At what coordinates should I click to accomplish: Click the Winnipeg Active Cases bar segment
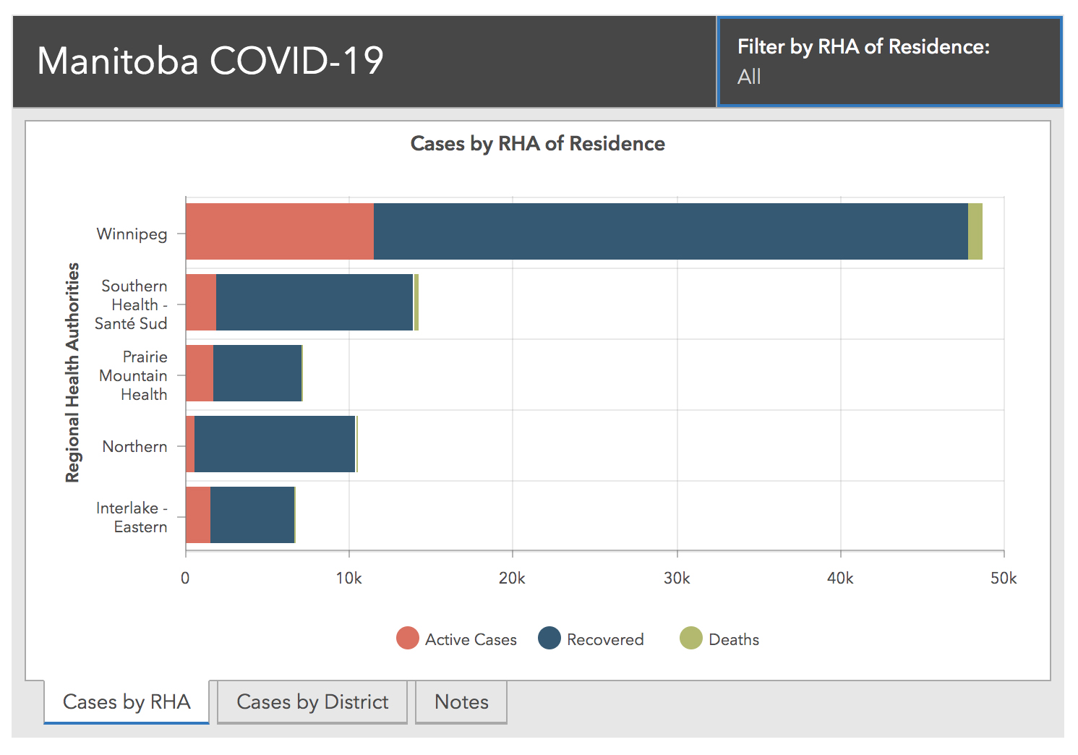tap(279, 231)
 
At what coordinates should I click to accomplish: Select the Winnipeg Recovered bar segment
tap(670, 231)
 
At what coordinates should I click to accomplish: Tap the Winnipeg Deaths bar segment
tap(975, 231)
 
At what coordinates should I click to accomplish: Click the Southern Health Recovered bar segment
tap(314, 302)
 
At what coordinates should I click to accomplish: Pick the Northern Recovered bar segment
tap(275, 444)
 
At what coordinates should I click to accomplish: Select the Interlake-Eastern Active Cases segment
tap(197, 515)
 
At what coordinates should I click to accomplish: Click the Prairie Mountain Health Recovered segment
tap(257, 373)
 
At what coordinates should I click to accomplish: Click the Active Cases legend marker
tap(408, 639)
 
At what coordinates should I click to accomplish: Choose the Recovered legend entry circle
tap(549, 639)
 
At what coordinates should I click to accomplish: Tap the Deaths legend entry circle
tap(691, 639)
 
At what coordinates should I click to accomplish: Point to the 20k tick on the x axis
tap(512, 579)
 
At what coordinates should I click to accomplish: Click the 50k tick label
tap(1004, 579)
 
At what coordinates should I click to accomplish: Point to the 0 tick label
tap(185, 579)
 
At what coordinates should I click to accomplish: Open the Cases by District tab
tap(312, 702)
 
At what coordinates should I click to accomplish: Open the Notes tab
tap(461, 702)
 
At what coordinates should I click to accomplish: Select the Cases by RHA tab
tap(127, 702)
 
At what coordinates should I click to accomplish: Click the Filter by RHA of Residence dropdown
tap(889, 62)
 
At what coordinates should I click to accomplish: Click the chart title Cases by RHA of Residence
tap(537, 144)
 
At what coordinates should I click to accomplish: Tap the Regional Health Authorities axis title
tap(72, 372)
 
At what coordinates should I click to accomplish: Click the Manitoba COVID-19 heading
tap(210, 61)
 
